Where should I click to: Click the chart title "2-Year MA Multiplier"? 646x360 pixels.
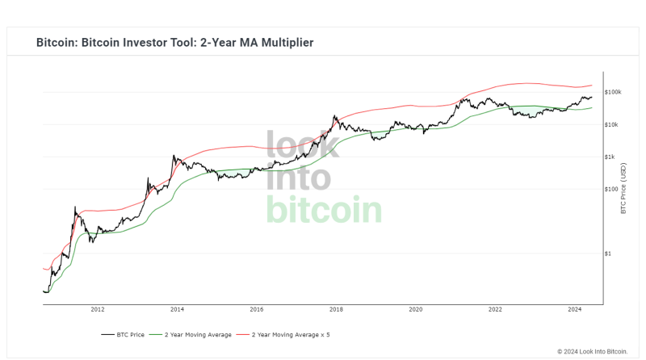coord(174,42)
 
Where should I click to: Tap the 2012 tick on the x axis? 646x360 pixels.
coord(98,309)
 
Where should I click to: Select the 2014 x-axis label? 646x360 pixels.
coord(177,309)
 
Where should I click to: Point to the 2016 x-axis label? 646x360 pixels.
coord(257,309)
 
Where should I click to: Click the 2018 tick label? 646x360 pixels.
coord(336,309)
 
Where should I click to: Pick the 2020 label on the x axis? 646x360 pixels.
coord(416,309)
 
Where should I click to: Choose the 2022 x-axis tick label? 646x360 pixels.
coord(495,309)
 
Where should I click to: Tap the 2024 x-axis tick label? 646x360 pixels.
coord(575,309)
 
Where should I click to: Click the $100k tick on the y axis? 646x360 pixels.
coord(612,92)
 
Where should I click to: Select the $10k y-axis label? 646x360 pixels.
coord(611,124)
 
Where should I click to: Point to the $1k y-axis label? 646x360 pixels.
coord(610,157)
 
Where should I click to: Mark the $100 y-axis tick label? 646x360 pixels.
coord(610,189)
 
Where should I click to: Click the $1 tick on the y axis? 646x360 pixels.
coord(608,253)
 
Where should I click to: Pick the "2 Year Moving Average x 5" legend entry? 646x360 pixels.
coord(287,334)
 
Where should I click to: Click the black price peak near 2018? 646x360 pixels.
coord(334,116)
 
